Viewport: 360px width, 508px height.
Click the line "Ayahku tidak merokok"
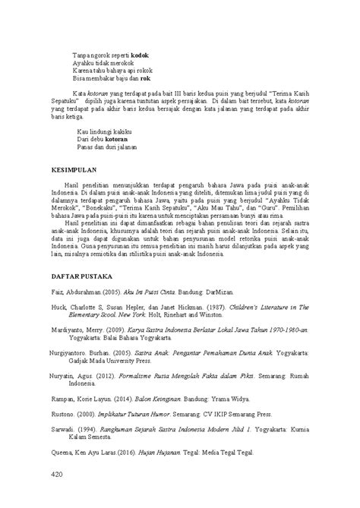pyautogui.click(x=102, y=62)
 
